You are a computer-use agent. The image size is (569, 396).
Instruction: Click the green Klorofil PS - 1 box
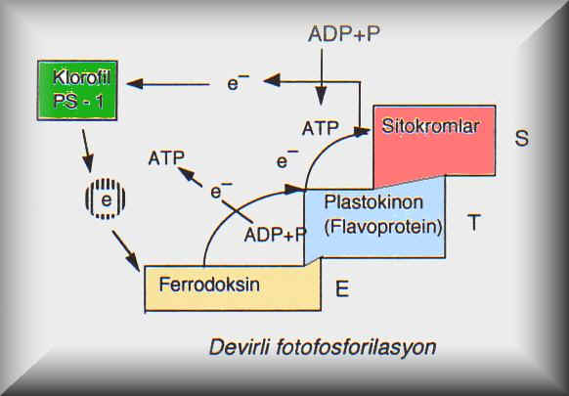[x=77, y=90]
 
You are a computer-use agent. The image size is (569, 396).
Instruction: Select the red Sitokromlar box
[x=434, y=145]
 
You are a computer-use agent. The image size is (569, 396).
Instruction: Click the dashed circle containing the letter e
[x=106, y=198]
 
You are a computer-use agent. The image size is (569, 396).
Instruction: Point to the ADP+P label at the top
[x=344, y=34]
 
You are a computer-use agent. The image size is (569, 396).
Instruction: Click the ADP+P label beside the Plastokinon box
[x=275, y=234]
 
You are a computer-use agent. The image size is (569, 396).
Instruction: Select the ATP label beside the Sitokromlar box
[x=321, y=128]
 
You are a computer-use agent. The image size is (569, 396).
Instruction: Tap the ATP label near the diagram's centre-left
[x=166, y=158]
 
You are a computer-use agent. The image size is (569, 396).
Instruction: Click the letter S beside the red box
[x=522, y=138]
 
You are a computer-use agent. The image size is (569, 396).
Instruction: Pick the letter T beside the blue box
[x=474, y=223]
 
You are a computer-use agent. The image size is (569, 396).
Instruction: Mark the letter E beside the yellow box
[x=342, y=288]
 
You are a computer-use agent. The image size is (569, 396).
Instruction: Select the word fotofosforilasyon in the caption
[x=356, y=347]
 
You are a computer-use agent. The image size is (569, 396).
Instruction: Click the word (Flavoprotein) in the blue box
[x=383, y=228]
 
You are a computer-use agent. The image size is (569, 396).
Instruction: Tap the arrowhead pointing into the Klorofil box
[x=135, y=84]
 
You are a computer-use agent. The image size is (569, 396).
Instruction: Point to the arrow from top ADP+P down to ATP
[x=321, y=77]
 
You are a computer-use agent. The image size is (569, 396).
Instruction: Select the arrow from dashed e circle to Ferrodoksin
[x=126, y=250]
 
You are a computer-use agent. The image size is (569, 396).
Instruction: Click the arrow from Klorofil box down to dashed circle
[x=87, y=151]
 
